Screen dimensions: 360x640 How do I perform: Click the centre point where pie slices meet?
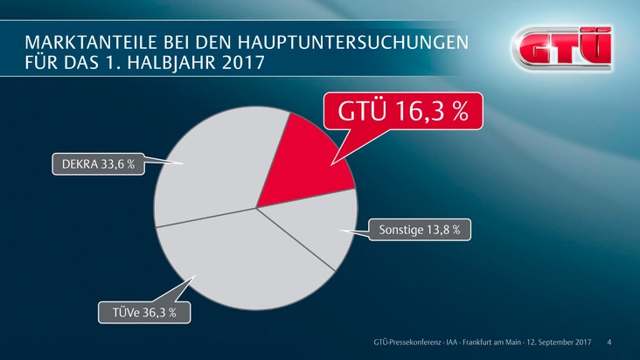click(256, 208)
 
